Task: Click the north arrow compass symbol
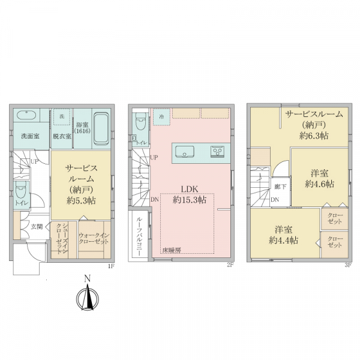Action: [88, 298]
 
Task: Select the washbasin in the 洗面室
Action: [26, 115]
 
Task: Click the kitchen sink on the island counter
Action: [185, 152]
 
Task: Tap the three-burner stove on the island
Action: [218, 151]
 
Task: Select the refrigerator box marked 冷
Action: [161, 116]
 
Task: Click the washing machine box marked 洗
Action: [62, 116]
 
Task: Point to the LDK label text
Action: [190, 189]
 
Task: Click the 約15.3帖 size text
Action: [190, 200]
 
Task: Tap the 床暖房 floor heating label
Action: [172, 250]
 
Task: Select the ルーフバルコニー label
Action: [139, 236]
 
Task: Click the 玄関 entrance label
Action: [37, 227]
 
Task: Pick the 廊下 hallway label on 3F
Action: [280, 187]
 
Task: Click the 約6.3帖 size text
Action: [314, 136]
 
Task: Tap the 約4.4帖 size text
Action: [284, 240]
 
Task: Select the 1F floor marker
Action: [112, 266]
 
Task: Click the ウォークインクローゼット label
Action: [94, 239]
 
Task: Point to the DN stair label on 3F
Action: [275, 200]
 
